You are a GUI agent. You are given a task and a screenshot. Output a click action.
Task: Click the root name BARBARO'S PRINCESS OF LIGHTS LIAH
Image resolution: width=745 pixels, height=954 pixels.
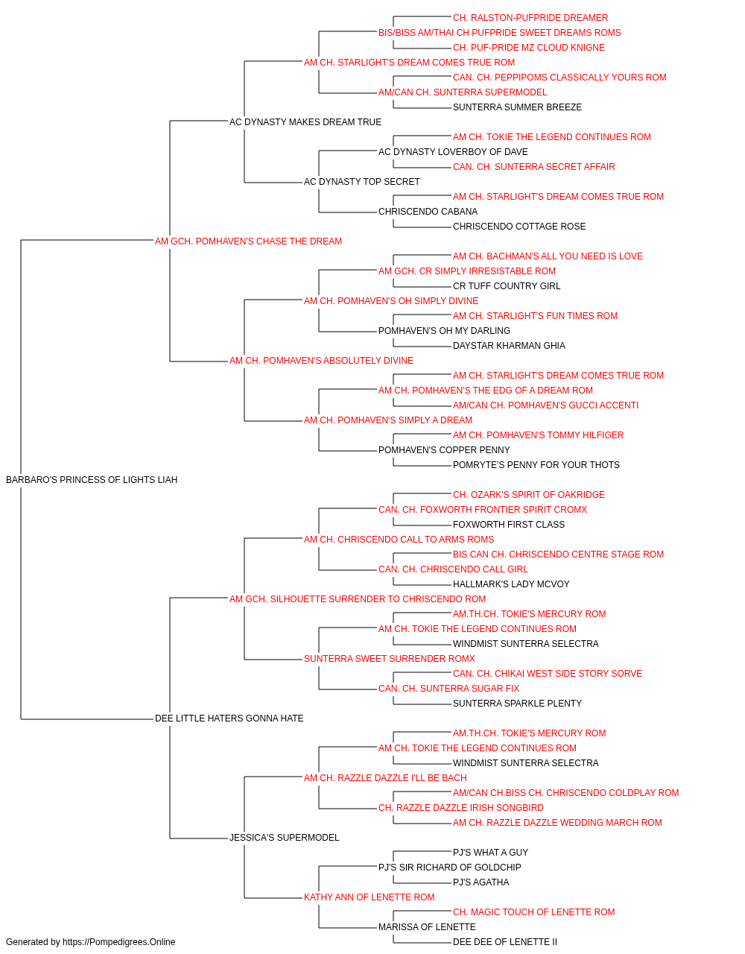[x=92, y=480]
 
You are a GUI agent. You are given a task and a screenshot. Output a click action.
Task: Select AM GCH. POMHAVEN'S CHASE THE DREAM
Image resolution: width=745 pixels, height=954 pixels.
[x=248, y=241]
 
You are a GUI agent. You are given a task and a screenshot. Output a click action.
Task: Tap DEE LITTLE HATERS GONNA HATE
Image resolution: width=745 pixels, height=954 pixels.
[x=229, y=718]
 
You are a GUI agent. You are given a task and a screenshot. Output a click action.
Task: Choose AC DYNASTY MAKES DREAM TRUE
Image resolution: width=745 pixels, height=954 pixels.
[x=305, y=122]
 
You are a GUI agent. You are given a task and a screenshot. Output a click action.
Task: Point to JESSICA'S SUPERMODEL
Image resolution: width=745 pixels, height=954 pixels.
[x=285, y=838]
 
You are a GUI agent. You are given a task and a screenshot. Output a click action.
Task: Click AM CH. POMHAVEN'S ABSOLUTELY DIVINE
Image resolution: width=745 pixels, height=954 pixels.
[x=321, y=361]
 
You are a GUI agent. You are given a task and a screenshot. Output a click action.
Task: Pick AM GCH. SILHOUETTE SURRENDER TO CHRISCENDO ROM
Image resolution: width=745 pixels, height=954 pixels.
[x=358, y=598]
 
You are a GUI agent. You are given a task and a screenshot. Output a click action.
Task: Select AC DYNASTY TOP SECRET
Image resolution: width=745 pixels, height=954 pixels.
[x=362, y=182]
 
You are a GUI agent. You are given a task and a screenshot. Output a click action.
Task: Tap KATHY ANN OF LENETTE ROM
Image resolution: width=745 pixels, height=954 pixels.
[x=370, y=897]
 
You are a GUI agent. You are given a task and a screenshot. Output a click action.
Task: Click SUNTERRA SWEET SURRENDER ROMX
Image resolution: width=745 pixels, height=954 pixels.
[x=390, y=659]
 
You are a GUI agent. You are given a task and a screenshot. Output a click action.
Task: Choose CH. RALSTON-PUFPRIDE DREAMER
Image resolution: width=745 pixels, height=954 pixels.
[x=530, y=18]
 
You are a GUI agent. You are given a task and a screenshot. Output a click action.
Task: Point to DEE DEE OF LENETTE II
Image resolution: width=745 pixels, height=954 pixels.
[x=505, y=942]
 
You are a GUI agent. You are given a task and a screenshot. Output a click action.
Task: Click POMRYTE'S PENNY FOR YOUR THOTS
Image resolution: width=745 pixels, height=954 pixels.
[x=536, y=465]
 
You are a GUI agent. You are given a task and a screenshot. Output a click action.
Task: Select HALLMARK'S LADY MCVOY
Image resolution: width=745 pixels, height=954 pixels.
[x=511, y=584]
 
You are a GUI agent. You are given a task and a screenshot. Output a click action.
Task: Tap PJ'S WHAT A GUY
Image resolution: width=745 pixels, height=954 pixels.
[x=490, y=853]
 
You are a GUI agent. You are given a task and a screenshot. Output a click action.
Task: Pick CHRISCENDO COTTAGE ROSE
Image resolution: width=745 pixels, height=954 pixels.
[x=519, y=227]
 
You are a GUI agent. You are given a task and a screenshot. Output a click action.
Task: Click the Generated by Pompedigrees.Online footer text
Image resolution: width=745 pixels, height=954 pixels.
[x=90, y=942]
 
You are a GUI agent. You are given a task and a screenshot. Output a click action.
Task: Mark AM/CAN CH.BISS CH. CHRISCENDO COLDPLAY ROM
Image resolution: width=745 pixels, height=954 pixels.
[x=566, y=793]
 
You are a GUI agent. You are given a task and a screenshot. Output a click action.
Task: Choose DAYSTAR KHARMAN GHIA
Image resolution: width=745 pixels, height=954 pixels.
[x=509, y=346]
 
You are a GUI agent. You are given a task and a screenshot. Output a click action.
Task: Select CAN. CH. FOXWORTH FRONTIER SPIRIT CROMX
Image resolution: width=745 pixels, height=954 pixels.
[x=483, y=510]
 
